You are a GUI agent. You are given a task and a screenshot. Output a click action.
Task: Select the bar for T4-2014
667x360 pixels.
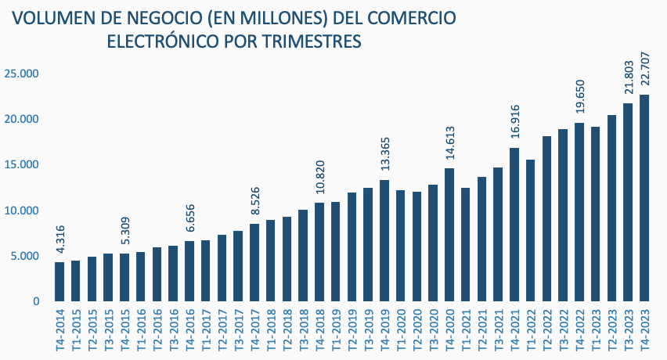coord(59,282)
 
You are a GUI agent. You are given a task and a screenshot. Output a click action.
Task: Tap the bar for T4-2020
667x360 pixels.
coord(449,235)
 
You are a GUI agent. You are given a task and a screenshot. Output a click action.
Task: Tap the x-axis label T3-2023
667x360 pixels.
coord(629,332)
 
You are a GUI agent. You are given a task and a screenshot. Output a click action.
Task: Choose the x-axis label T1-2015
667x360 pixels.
coord(76,332)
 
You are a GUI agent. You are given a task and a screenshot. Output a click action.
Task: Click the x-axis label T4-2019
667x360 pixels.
coord(385,332)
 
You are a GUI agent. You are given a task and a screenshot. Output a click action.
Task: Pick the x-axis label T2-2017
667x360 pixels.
coord(222,332)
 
